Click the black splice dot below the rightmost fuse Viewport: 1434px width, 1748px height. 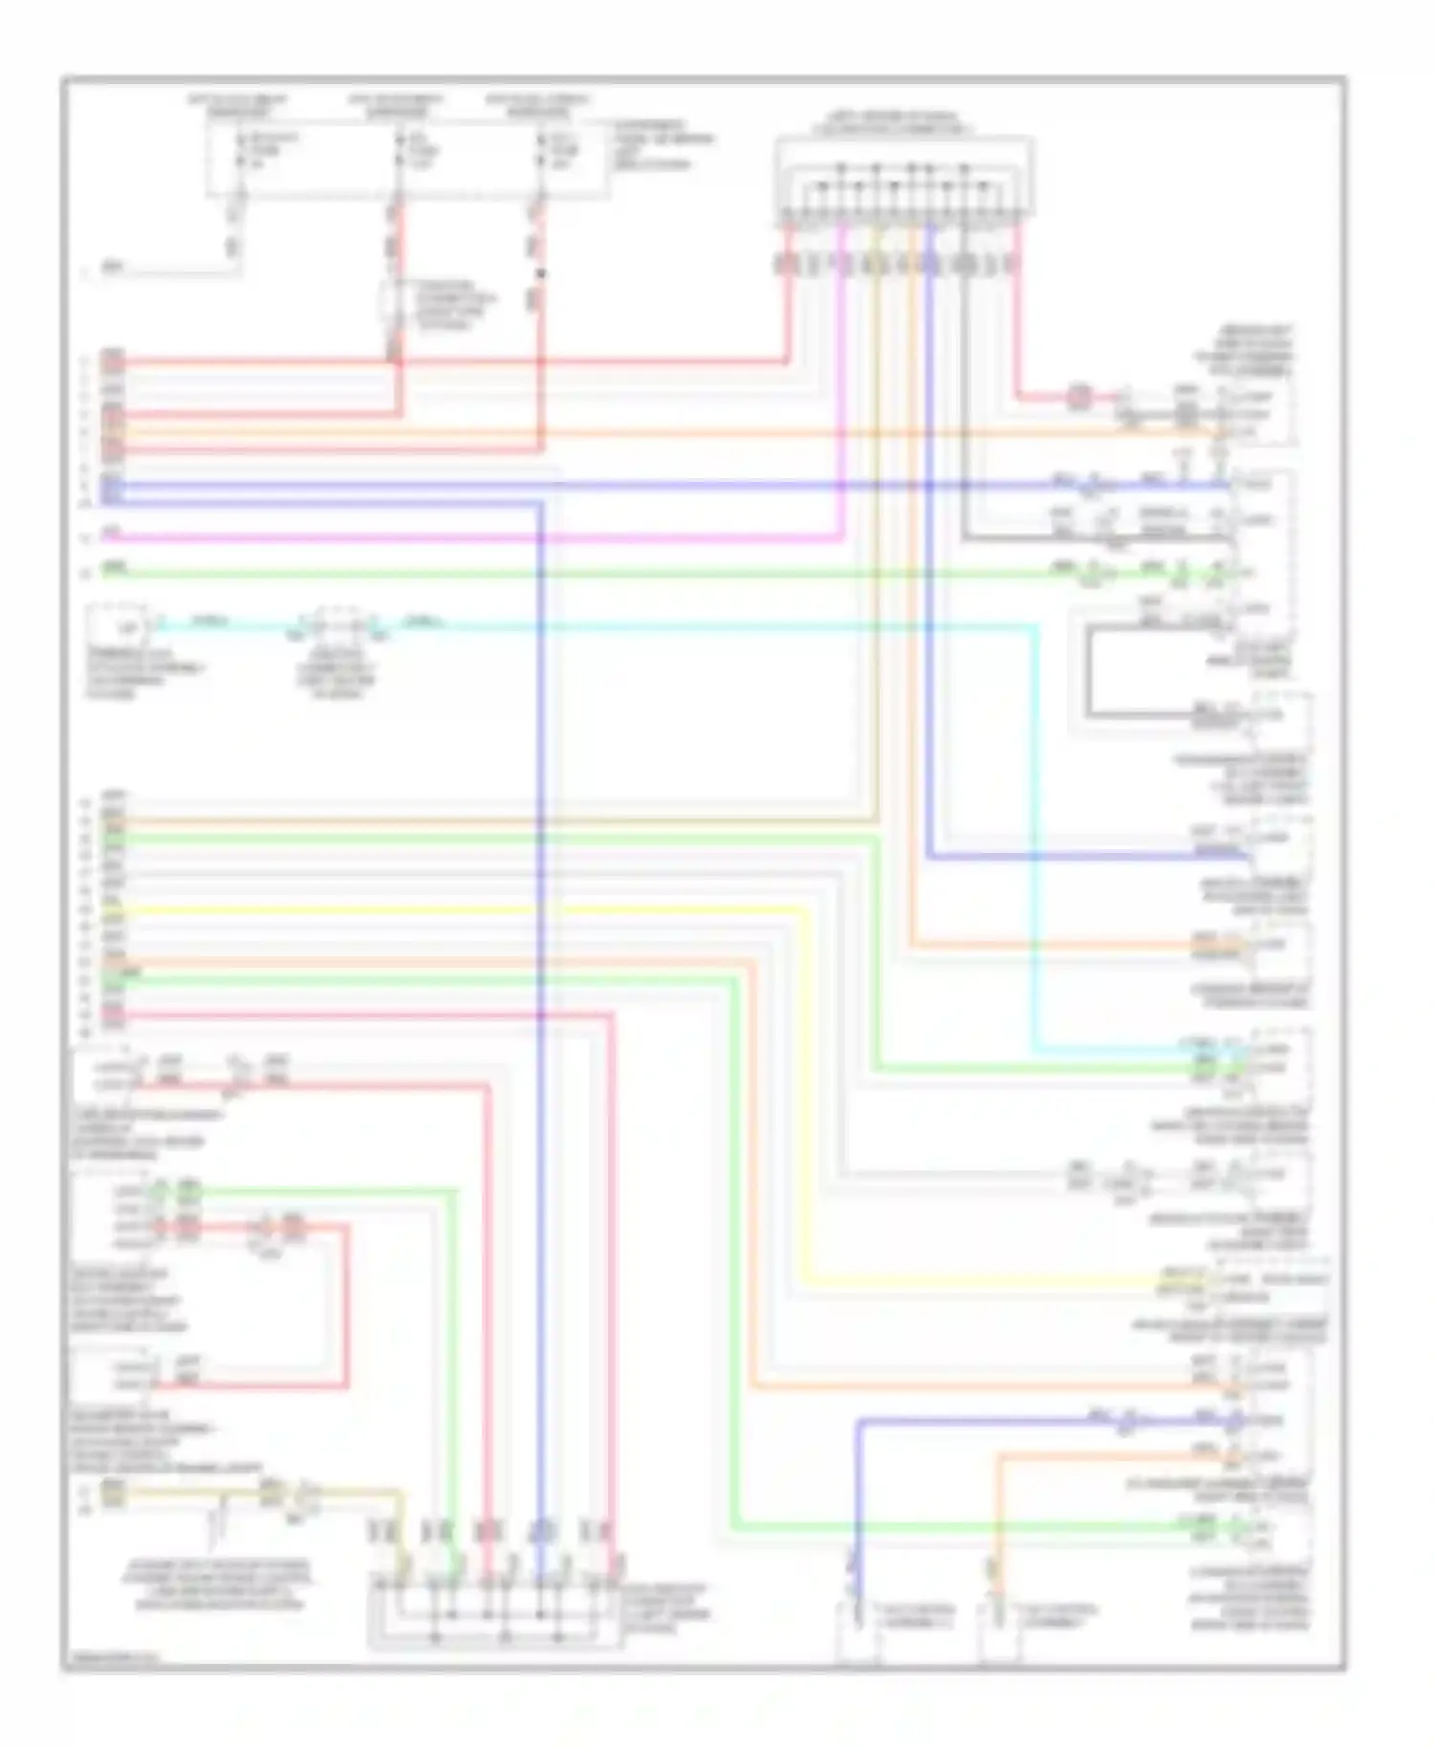tap(541, 274)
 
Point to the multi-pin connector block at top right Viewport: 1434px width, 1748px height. tap(903, 182)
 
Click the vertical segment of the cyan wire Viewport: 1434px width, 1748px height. tap(1035, 832)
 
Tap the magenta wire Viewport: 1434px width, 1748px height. tap(478, 537)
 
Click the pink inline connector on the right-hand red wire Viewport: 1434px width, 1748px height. tap(1079, 395)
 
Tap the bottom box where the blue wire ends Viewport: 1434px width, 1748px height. tap(858, 1631)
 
